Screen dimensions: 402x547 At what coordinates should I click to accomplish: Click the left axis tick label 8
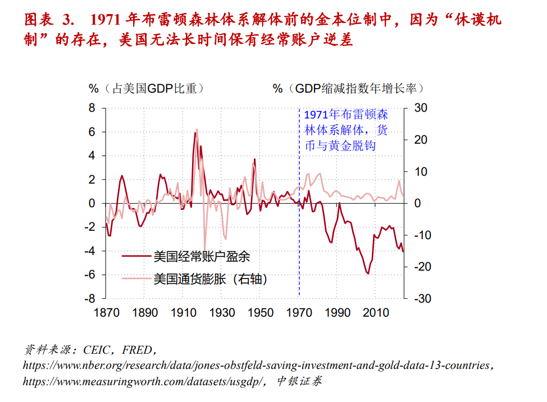(x=92, y=108)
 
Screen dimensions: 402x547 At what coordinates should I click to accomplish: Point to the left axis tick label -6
(x=90, y=275)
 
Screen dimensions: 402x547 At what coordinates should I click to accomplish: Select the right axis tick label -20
(x=421, y=267)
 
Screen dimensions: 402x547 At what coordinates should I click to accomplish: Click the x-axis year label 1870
(x=105, y=313)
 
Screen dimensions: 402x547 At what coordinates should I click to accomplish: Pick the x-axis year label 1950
(x=261, y=313)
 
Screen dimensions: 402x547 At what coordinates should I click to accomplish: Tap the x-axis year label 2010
(x=377, y=313)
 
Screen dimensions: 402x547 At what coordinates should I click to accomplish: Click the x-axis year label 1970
(x=300, y=313)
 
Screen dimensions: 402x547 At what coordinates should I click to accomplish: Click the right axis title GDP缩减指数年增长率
(x=348, y=88)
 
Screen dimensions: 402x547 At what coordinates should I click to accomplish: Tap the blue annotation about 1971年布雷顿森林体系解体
(x=345, y=130)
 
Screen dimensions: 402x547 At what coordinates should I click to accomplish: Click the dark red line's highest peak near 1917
(x=195, y=133)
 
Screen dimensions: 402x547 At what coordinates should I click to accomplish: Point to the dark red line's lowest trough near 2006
(x=368, y=273)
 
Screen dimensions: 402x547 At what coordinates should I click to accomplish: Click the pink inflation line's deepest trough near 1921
(x=205, y=246)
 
